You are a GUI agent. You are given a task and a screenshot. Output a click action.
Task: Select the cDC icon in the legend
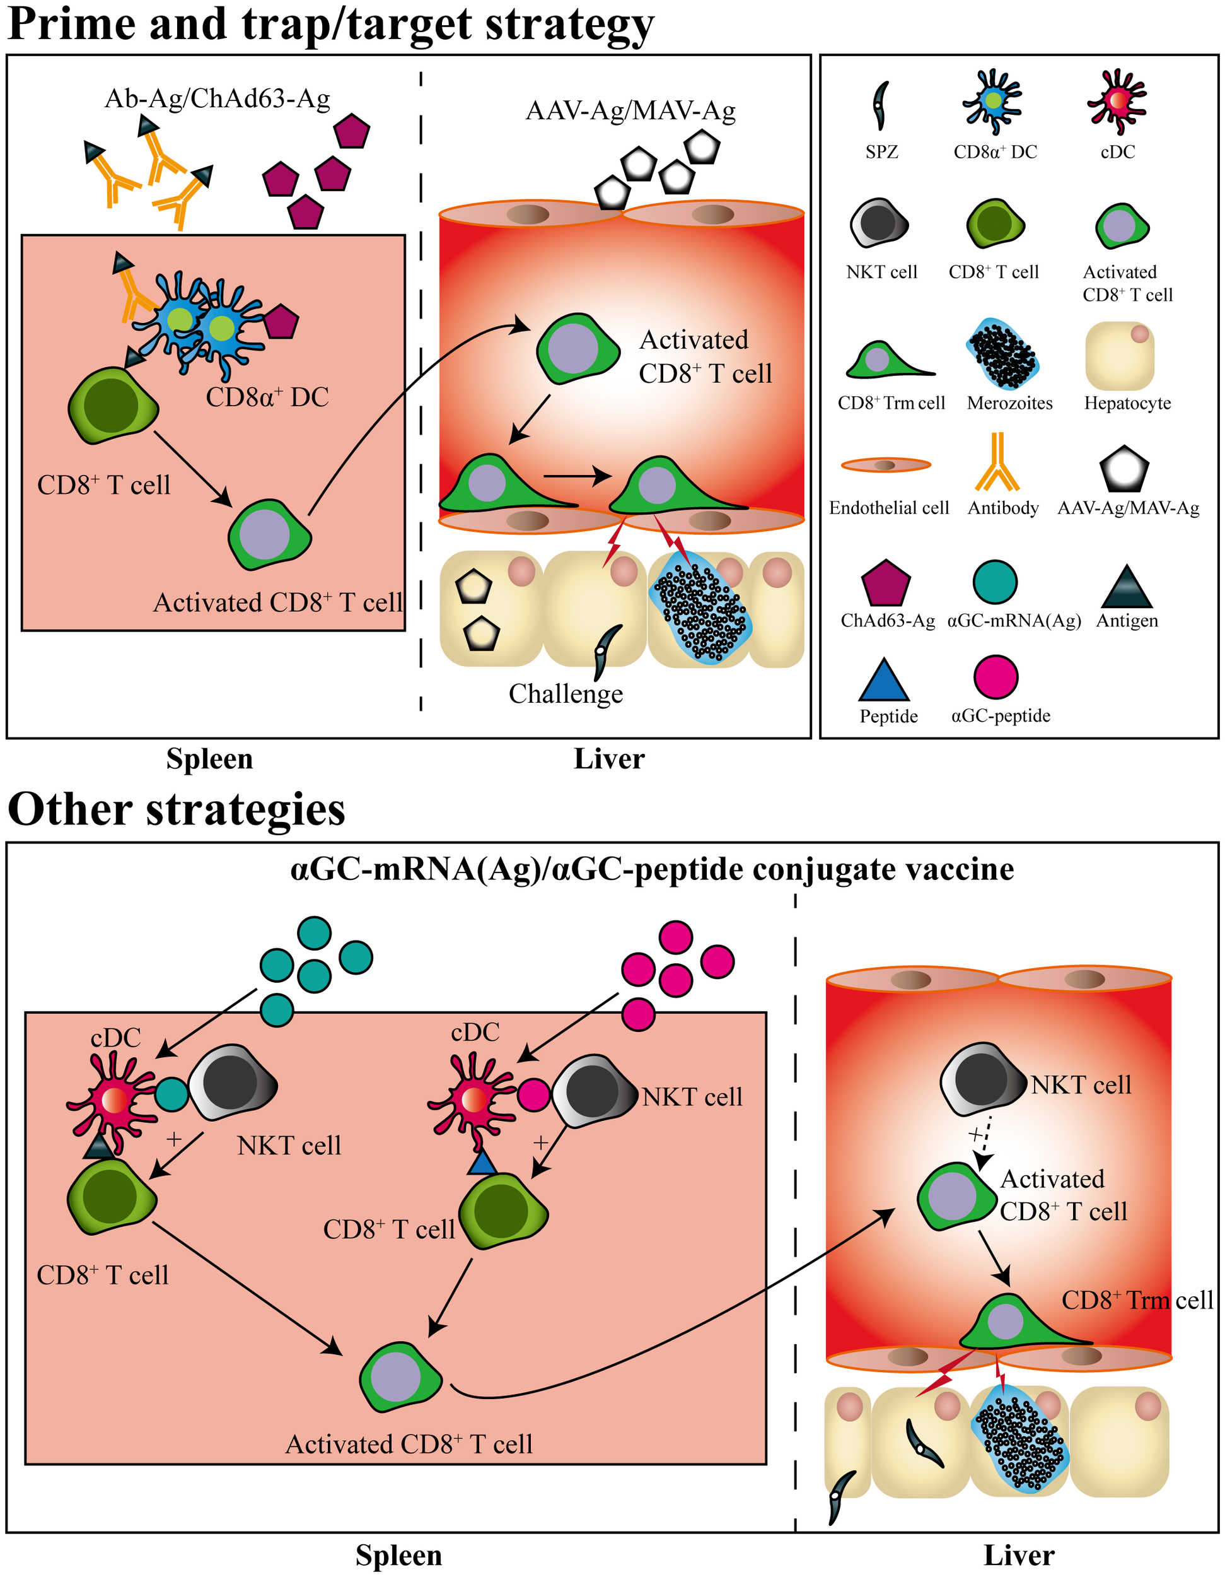(1117, 101)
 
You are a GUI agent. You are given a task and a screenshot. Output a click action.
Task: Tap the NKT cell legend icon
(878, 223)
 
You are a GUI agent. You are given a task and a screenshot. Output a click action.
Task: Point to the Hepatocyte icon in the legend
(1120, 356)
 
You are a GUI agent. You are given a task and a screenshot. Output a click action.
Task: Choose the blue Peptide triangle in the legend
(883, 681)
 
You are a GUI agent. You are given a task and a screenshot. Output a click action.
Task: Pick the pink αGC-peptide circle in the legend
(996, 677)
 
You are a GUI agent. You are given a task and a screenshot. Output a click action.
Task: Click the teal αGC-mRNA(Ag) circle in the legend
(995, 582)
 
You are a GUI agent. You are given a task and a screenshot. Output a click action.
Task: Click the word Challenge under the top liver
(566, 694)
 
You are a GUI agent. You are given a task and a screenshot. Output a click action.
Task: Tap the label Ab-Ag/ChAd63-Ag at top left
(218, 98)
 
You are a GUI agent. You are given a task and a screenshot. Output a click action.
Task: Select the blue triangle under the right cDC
(482, 1164)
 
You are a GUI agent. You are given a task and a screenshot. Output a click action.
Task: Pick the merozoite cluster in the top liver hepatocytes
(699, 613)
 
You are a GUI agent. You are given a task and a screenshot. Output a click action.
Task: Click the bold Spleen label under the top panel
(209, 759)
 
